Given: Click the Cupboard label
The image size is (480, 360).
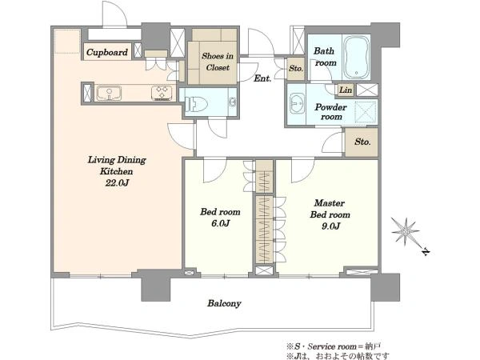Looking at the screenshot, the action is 107,52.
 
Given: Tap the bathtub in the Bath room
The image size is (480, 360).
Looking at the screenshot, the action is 356,58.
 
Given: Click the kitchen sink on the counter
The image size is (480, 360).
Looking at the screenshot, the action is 109,94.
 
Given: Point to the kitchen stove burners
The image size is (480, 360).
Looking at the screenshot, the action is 162,93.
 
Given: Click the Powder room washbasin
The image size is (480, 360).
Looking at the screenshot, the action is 296,104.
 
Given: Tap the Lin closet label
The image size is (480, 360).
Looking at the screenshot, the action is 346,90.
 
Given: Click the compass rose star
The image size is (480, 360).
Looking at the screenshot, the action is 406,231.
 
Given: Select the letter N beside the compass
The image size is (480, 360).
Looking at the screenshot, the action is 426,252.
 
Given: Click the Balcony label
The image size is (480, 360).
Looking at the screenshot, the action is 224,304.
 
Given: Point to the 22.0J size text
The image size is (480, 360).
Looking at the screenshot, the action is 117,183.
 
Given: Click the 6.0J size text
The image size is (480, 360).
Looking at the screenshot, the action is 220,223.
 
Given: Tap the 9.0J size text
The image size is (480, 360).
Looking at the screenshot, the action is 330,226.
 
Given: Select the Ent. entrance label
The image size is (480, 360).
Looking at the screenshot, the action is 262,78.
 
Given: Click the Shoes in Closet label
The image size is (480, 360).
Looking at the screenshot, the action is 218,62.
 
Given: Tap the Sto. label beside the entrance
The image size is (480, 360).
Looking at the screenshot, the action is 296,69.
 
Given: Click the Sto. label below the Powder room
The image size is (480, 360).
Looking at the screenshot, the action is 362,142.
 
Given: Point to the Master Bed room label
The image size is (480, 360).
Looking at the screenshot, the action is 330,209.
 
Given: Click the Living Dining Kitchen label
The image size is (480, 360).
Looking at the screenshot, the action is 117,166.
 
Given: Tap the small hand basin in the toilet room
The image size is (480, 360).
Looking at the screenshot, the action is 233,102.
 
